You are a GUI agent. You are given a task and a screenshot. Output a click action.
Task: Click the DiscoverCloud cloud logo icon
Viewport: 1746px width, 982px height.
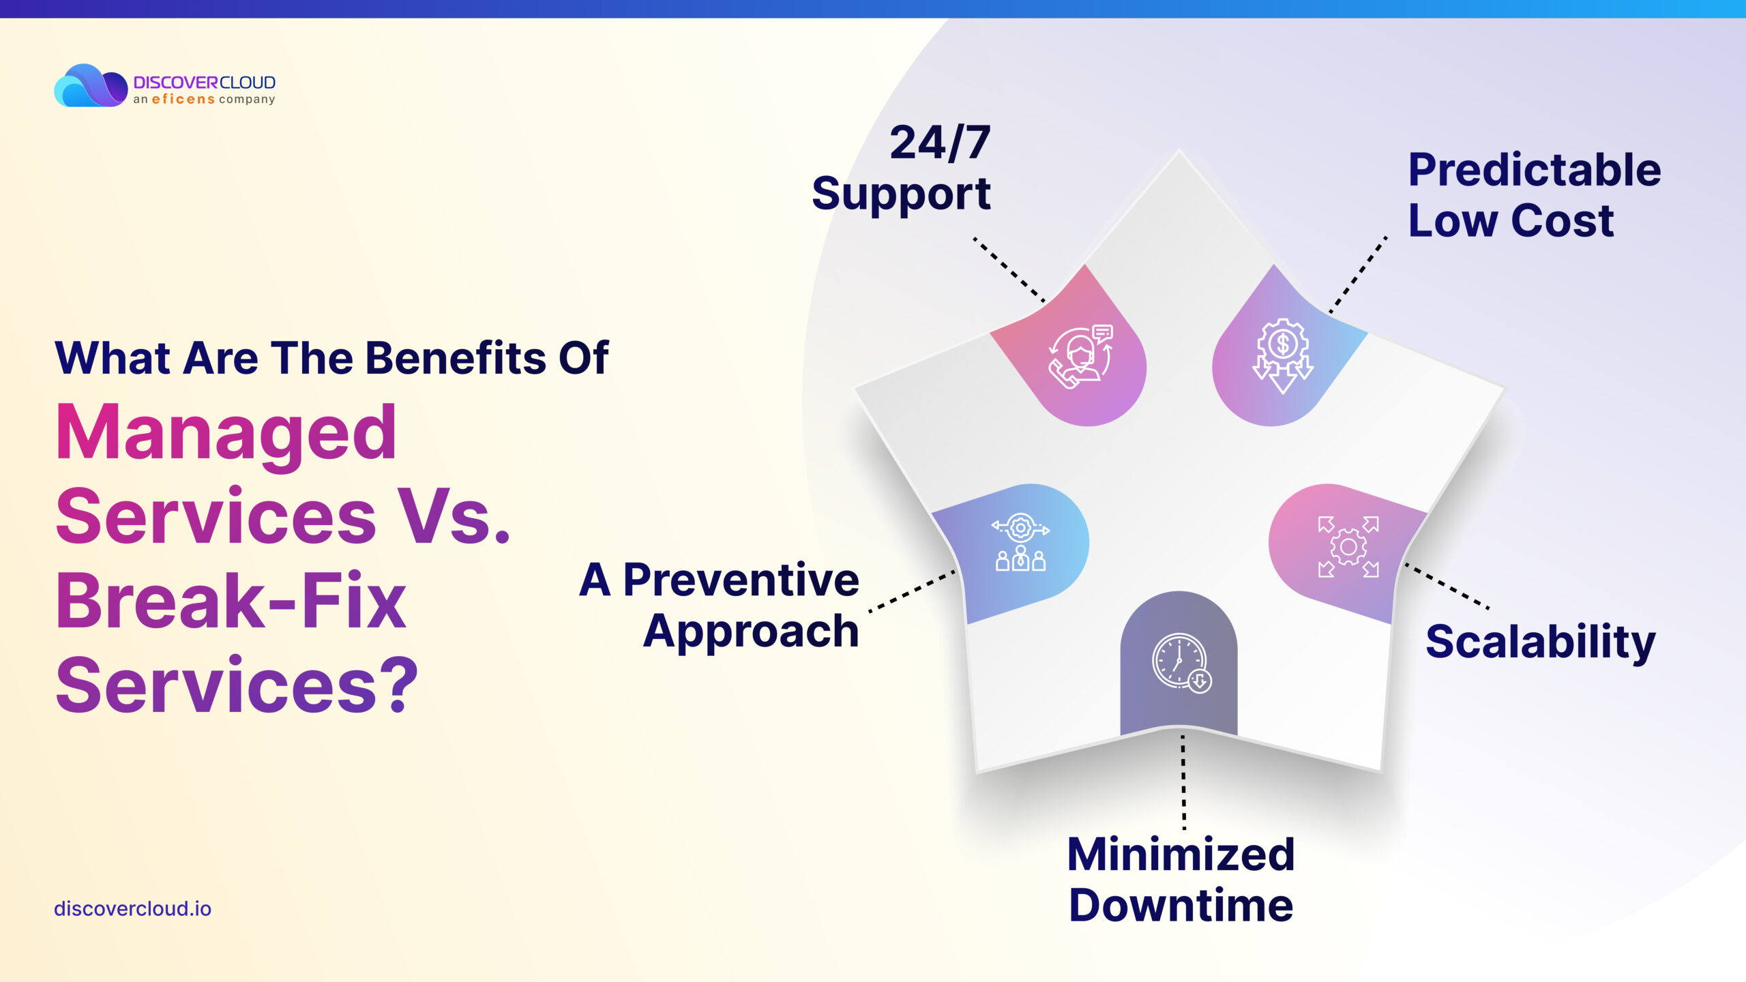click(91, 85)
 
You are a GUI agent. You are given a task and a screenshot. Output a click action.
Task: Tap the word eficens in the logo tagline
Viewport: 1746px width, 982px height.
click(183, 100)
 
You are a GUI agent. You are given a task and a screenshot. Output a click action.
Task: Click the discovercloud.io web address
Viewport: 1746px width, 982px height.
click(132, 909)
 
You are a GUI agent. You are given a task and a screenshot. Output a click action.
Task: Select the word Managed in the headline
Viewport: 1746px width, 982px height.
click(226, 433)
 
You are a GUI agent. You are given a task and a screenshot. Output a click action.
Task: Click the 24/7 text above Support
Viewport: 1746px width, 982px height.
click(940, 143)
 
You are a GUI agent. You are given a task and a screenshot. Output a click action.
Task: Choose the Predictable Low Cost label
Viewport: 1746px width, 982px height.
click(1535, 195)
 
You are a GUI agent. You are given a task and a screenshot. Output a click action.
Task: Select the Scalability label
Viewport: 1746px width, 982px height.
click(1541, 642)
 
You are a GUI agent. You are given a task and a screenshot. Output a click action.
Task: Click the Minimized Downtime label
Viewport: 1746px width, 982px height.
click(1181, 880)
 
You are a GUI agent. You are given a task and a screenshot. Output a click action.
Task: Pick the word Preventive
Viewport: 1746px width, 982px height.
click(741, 580)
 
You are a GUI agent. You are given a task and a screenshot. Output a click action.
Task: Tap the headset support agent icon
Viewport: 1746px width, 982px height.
click(1080, 357)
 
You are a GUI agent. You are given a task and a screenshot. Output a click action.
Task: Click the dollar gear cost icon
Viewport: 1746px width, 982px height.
click(1283, 355)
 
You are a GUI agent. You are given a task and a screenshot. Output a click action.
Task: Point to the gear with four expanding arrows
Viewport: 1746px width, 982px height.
click(1348, 547)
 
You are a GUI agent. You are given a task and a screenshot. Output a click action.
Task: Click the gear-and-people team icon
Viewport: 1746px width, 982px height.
click(1020, 542)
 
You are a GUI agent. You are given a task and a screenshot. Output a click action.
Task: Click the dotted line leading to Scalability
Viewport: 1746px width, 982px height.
click(1447, 586)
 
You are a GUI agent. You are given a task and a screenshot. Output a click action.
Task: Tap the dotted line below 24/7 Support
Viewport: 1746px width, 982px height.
click(1009, 269)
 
